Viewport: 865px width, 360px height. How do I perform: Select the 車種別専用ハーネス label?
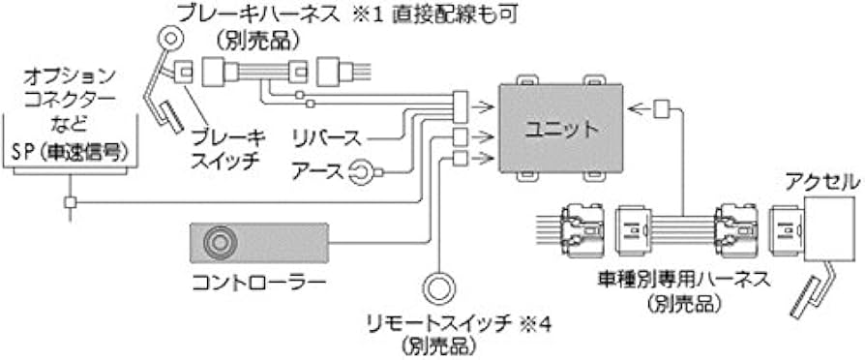[683, 281]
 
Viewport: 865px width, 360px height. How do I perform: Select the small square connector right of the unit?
[662, 107]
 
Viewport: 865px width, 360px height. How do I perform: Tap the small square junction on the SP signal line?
[71, 202]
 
